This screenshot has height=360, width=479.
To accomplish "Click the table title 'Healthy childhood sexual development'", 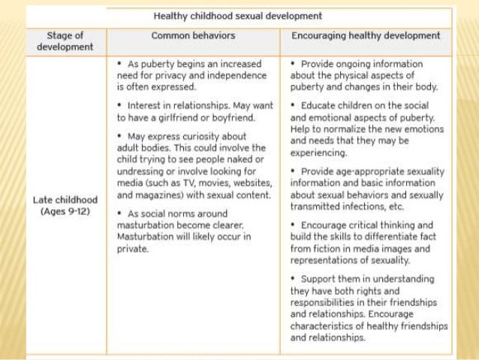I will [238, 15].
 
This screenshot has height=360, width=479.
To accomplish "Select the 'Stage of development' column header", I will [65, 41].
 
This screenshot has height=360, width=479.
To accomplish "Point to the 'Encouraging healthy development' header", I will [366, 35].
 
